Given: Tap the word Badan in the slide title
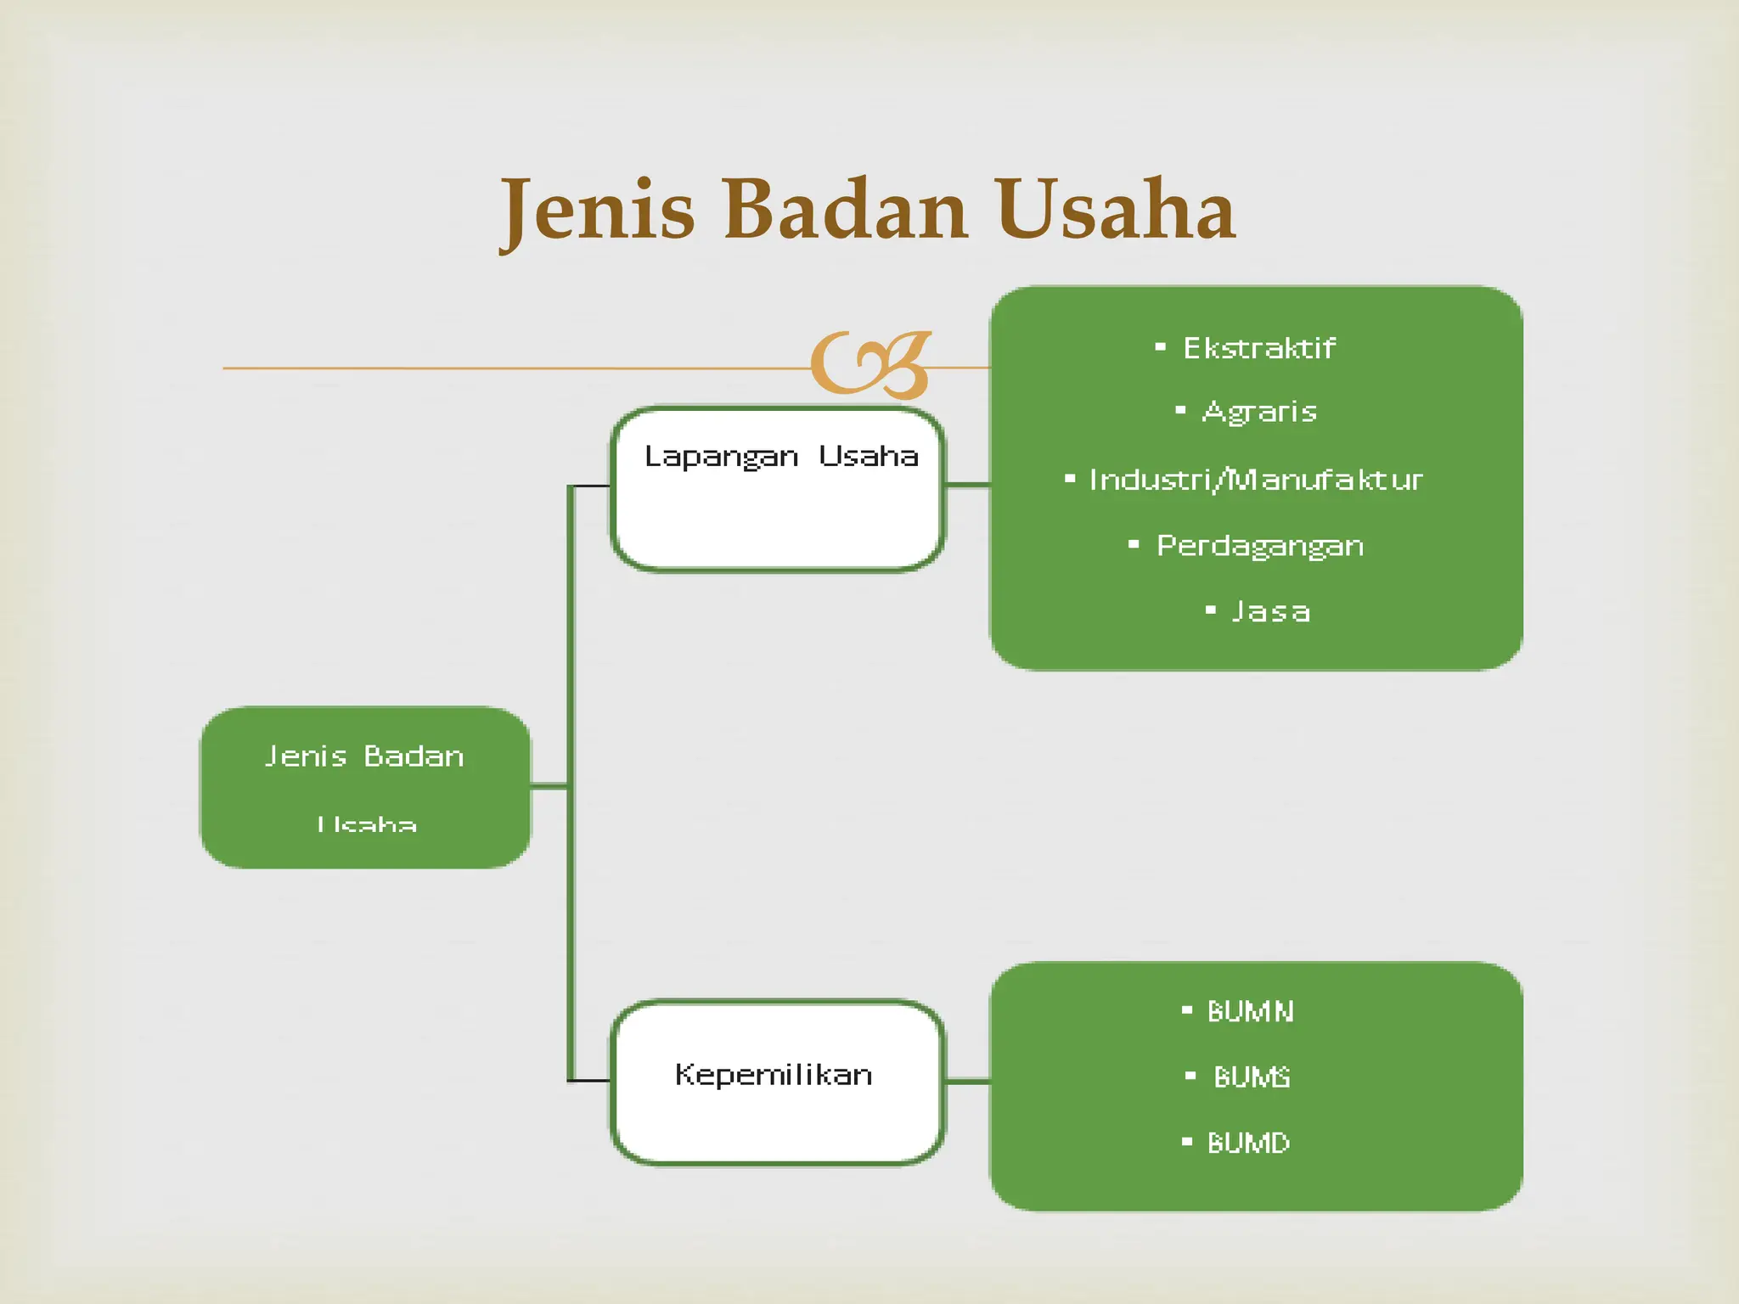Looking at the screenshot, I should pos(845,211).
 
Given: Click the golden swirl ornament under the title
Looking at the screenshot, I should pos(870,365).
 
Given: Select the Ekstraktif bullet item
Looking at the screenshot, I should pos(1258,348).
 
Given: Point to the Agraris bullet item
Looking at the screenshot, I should pos(1259,412).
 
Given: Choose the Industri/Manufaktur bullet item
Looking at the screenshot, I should pos(1255,480).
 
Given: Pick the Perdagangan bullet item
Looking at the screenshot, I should pos(1259,546).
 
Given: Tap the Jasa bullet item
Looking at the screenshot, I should pos(1270,611).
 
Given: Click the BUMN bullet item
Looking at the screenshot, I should pos(1250,1011).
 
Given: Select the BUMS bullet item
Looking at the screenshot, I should pos(1252,1077).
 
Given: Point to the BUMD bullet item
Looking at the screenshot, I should pos(1248,1143).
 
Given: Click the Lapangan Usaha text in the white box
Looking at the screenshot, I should pos(780,457).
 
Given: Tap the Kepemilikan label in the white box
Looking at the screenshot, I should pos(774,1075).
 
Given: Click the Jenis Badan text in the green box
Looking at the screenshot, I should pos(364,756).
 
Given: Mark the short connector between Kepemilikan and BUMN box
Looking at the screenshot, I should pos(968,1082).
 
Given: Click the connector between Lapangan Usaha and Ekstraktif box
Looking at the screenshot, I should pos(968,485).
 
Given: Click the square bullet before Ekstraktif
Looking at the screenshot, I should pos(1160,347).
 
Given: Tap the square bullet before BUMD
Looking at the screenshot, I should pos(1187,1142).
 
